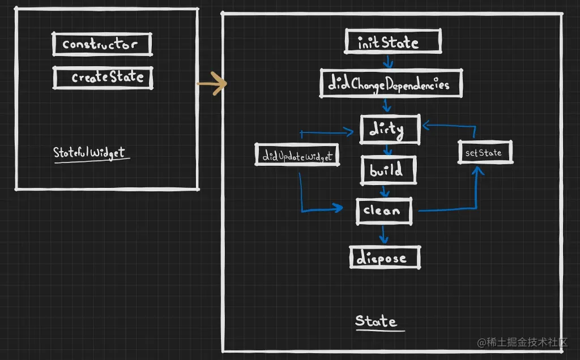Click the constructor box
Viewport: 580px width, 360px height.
tap(103, 44)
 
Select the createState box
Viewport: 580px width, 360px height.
tap(103, 78)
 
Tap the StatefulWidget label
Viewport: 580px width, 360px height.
tap(90, 152)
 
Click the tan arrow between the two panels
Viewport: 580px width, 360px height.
tap(212, 84)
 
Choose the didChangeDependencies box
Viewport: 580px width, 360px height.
tap(391, 84)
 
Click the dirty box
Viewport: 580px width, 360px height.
tap(390, 129)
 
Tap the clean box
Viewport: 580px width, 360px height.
tap(384, 211)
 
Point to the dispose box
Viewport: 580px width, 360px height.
tap(385, 258)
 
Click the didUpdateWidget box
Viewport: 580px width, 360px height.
tap(297, 155)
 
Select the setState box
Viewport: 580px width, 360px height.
tap(484, 153)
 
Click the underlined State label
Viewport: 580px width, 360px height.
tap(376, 322)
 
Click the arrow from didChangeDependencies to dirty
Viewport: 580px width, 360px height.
tap(386, 105)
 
